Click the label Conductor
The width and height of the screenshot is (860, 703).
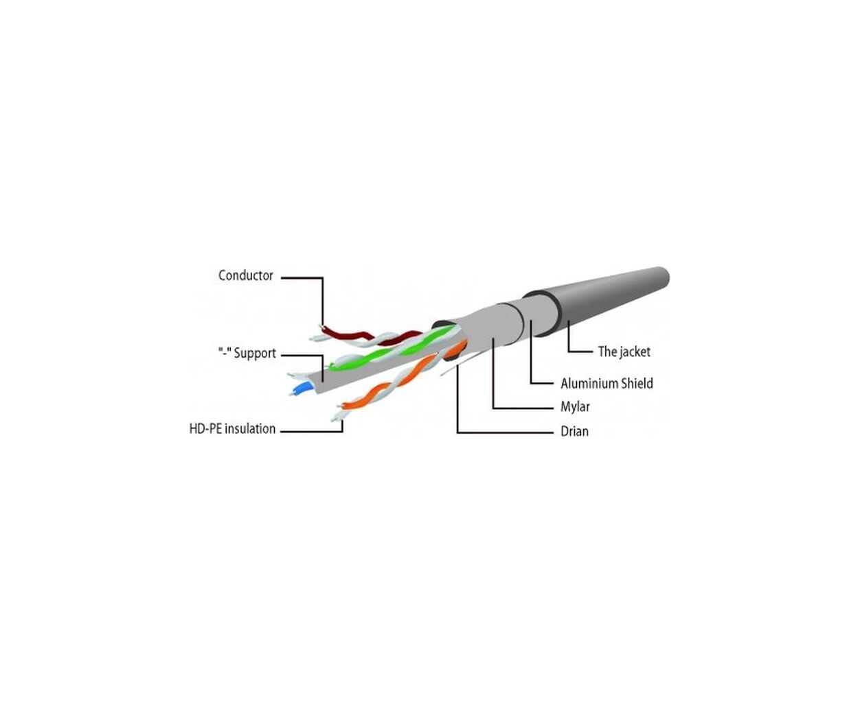pyautogui.click(x=245, y=275)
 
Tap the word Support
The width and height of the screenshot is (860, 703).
pyautogui.click(x=255, y=354)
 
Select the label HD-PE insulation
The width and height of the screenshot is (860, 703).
pyautogui.click(x=232, y=428)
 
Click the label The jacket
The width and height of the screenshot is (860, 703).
pyautogui.click(x=624, y=351)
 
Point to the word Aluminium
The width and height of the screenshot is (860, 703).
pyautogui.click(x=589, y=384)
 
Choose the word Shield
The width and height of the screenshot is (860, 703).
pyautogui.click(x=637, y=384)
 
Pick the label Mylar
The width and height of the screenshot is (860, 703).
pyautogui.click(x=575, y=406)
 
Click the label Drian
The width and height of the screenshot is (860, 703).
pyautogui.click(x=574, y=431)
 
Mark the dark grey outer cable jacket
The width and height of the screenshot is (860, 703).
pyautogui.click(x=596, y=303)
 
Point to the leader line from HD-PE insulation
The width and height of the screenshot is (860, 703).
pyautogui.click(x=312, y=431)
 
